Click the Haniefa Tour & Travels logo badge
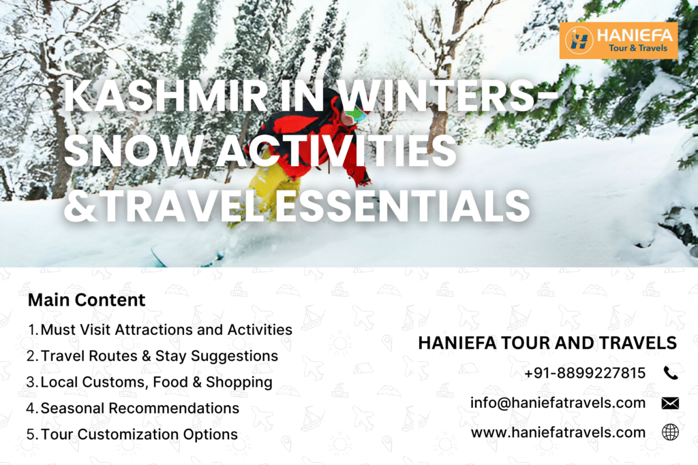point(618,40)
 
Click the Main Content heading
point(87,300)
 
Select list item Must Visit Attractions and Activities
point(166,330)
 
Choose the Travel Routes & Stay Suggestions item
point(159,356)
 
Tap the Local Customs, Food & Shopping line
point(156,383)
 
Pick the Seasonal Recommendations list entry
point(140,408)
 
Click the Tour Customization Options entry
point(139,434)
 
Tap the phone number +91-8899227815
point(585,373)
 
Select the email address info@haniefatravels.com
point(558,403)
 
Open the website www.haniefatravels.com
point(558,432)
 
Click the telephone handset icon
point(670,373)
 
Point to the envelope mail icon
point(670,403)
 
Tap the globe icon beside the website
point(670,432)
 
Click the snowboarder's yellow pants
point(273,187)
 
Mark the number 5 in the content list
point(31,434)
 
